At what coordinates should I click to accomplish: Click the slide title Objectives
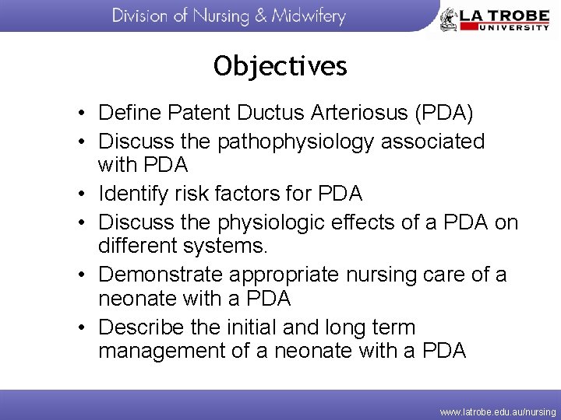(280, 66)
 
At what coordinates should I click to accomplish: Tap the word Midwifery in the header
(308, 16)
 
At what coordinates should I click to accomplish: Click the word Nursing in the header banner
(222, 16)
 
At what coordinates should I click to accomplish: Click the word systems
(235, 247)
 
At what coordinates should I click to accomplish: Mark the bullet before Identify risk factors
(82, 194)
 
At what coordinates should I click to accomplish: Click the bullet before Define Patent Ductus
(82, 114)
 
